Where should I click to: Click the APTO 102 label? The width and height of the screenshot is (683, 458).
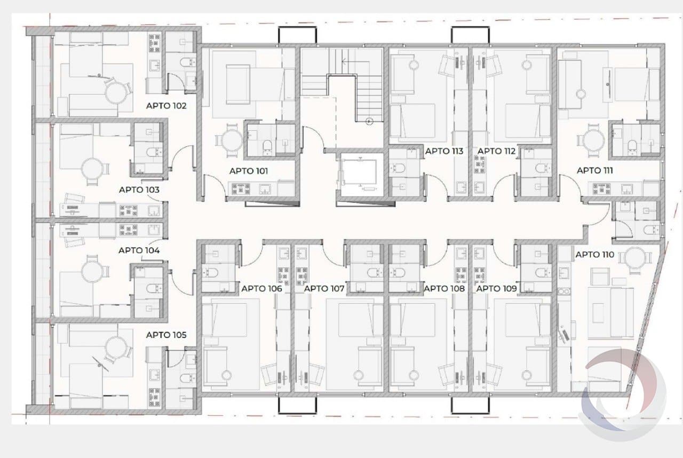(x=166, y=106)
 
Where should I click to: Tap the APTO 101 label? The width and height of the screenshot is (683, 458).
(x=249, y=171)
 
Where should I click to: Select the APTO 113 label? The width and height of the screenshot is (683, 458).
(x=444, y=151)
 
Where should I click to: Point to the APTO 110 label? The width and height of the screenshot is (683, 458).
(x=594, y=254)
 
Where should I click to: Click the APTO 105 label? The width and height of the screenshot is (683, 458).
(x=166, y=335)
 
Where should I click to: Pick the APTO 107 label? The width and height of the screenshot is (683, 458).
(x=324, y=288)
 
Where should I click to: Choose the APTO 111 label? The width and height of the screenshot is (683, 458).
(x=594, y=170)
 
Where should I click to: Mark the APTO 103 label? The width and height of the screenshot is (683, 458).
(x=139, y=189)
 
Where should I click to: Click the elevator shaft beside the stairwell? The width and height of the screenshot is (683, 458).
(x=360, y=174)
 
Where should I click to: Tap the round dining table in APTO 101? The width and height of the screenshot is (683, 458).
(x=232, y=141)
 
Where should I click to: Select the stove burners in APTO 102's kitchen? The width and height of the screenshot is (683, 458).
(x=154, y=43)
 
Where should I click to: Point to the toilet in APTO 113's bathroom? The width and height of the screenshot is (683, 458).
(x=398, y=168)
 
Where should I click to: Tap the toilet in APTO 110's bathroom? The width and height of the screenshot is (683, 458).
(x=650, y=229)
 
